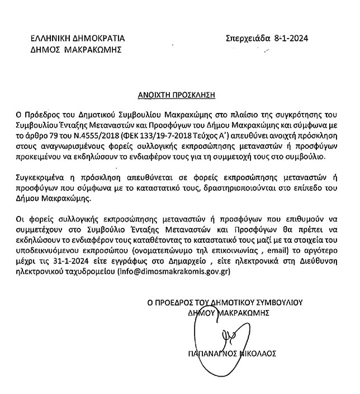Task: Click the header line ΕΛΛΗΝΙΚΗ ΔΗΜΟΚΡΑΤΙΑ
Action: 78,39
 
